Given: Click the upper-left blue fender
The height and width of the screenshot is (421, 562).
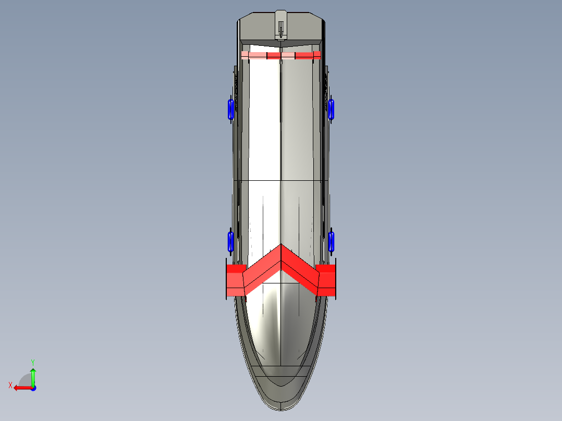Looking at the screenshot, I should tap(229, 108).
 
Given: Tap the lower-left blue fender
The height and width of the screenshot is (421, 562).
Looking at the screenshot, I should tap(230, 241).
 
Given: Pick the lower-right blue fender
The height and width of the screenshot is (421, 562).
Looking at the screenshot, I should tap(332, 241).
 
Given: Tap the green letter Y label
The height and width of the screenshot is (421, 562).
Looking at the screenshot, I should tap(32, 362).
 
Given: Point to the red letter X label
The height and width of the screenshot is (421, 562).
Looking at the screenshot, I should tap(10, 385).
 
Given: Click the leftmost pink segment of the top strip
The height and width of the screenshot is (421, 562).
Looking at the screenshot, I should tap(245, 55).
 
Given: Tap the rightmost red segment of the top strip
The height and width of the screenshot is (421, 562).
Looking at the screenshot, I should tap(316, 55).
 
